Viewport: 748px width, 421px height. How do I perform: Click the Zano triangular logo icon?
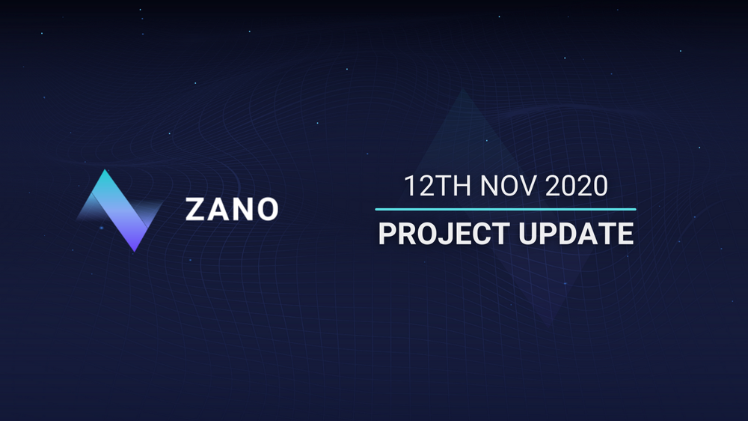120,210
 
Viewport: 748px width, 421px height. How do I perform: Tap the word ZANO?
231,210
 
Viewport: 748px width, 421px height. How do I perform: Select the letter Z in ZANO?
196,210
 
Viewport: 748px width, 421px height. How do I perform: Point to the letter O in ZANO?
266,210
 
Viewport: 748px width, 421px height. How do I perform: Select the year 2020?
576,186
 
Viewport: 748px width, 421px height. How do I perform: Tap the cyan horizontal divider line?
506,209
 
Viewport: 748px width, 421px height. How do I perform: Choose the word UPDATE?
576,234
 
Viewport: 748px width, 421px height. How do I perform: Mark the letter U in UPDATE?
530,234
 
